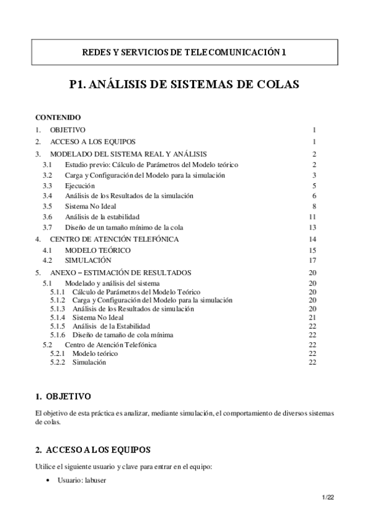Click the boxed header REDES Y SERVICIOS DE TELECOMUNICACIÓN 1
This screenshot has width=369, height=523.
(x=184, y=53)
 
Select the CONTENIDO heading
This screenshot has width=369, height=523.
(x=57, y=117)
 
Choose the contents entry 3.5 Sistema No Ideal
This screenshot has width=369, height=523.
(x=90, y=206)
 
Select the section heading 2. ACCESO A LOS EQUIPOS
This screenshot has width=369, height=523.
(x=93, y=449)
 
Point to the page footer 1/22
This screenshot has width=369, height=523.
(x=327, y=496)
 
